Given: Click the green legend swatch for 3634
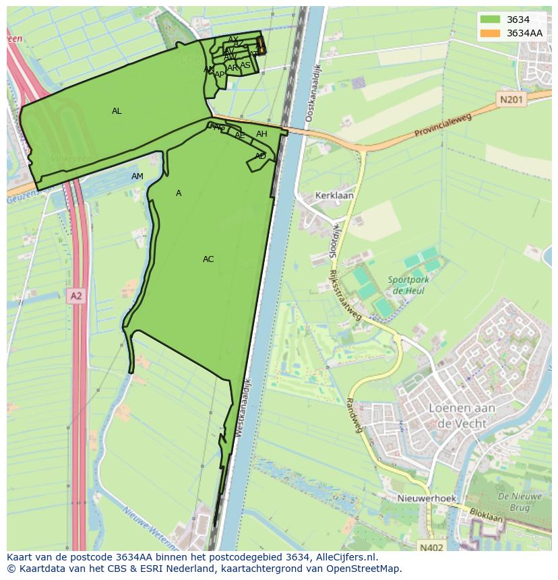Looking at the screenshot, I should coord(490,20).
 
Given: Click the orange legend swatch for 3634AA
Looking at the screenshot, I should coord(490,33).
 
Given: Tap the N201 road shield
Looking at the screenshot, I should coord(511,100).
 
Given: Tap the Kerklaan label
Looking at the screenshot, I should coord(334,196).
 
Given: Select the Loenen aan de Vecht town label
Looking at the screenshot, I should coord(462,415).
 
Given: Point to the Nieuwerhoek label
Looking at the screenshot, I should coord(427,498).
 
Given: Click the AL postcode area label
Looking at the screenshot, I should coord(117,111).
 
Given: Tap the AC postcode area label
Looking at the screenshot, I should coord(208,259).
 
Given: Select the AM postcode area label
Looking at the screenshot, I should coord(137,176).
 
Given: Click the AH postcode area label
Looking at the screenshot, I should coord(261,134).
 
